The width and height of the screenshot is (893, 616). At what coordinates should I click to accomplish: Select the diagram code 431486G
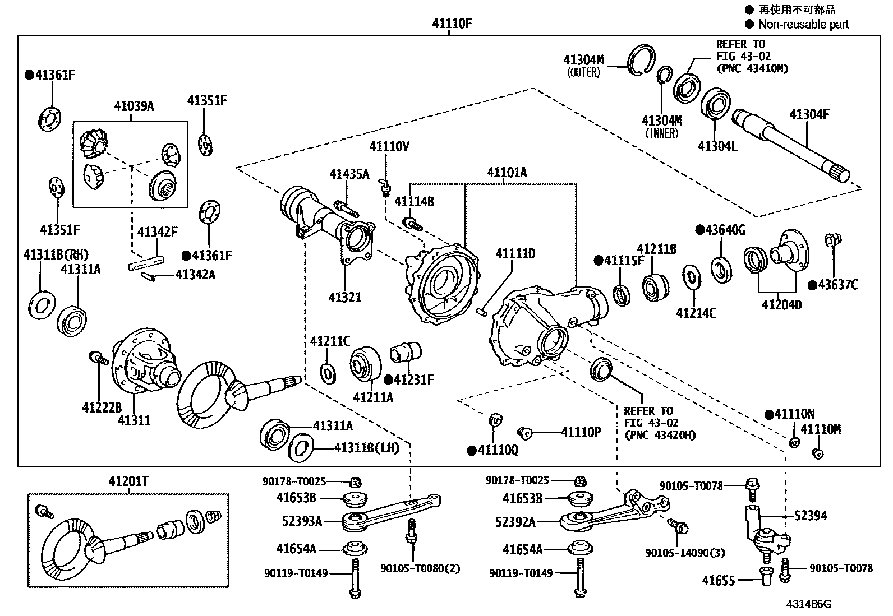808,604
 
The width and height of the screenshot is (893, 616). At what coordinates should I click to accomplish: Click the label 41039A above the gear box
134,106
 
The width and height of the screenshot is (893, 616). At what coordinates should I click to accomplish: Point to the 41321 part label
344,297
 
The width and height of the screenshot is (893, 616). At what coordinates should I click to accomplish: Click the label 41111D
515,254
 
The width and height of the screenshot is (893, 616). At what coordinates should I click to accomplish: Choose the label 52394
811,515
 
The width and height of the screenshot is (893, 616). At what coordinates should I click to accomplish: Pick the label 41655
718,581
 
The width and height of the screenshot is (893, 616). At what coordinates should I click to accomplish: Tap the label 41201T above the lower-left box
128,481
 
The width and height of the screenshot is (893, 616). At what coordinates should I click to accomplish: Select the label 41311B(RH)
56,255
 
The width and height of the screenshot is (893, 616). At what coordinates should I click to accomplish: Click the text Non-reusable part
803,24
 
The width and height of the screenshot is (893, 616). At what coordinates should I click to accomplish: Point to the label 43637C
837,285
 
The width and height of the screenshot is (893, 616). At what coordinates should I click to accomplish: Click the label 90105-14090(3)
684,553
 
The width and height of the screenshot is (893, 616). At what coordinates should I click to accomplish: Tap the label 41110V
389,147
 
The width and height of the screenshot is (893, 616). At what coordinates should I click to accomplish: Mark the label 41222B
102,406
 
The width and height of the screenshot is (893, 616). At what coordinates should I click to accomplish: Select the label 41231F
413,379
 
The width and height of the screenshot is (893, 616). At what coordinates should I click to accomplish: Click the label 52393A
302,521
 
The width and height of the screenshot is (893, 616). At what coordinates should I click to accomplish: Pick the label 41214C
696,313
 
